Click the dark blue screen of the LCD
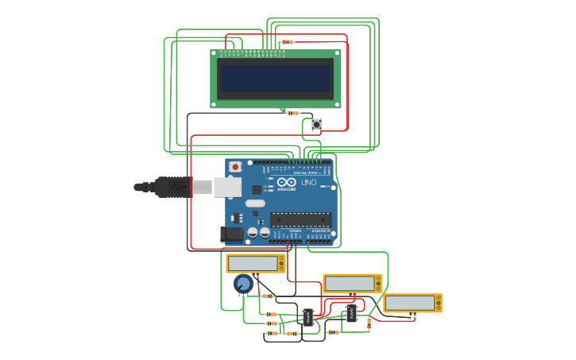tap(275, 79)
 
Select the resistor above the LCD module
tap(288, 42)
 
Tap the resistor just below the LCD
tap(293, 113)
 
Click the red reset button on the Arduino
tap(235, 167)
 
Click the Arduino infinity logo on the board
tap(286, 183)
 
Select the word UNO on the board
tap(308, 183)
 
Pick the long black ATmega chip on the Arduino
tap(300, 219)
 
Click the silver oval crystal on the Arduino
tap(255, 203)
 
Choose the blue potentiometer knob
tap(243, 284)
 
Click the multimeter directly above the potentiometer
tap(255, 263)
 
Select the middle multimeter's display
tap(349, 283)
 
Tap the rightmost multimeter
tap(412, 303)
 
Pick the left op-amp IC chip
tap(307, 317)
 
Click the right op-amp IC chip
tap(350, 314)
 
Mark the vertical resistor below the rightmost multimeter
tap(369, 323)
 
